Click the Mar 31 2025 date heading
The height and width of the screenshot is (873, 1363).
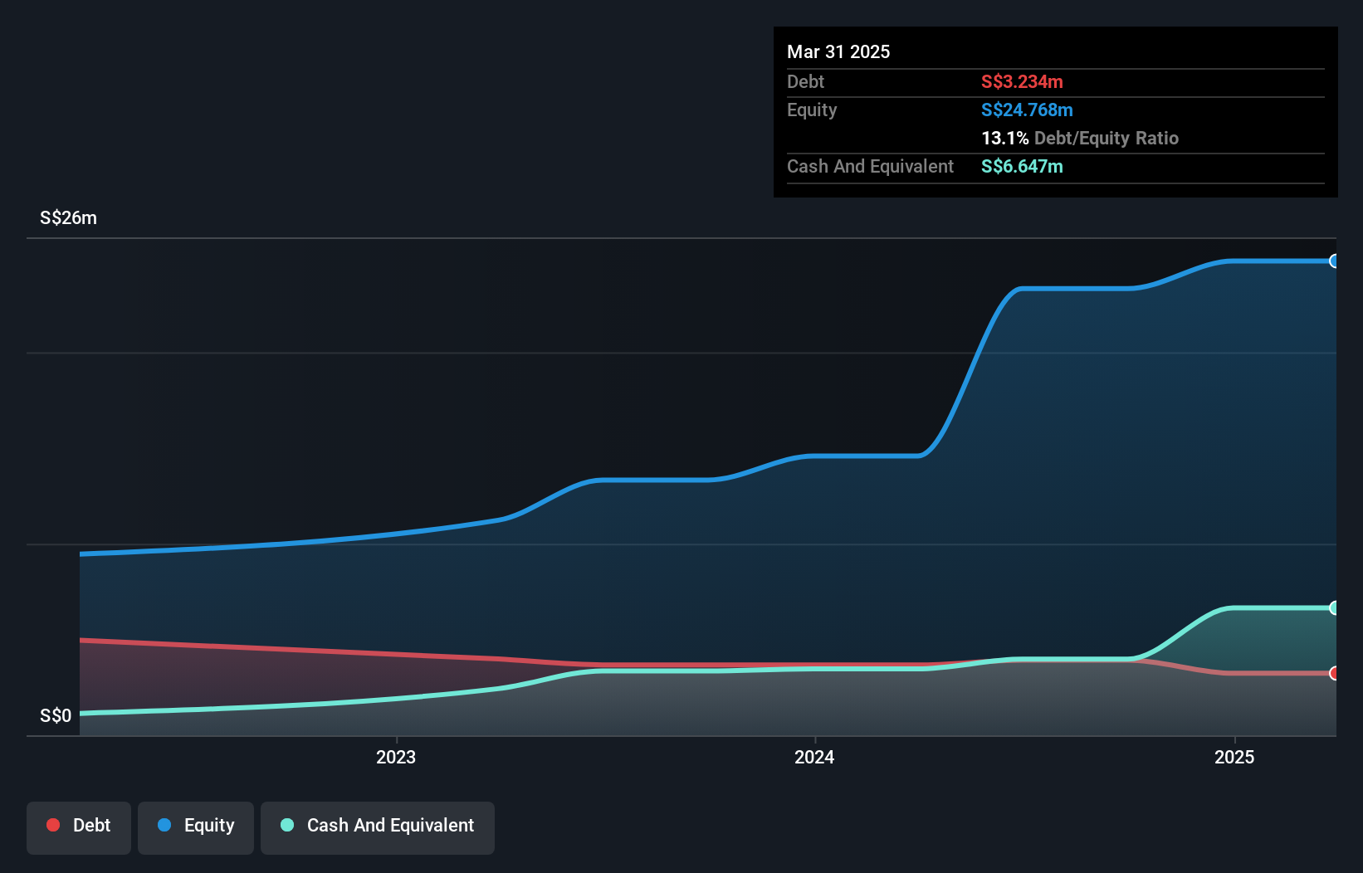tap(838, 51)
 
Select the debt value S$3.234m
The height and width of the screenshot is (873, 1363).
tap(1022, 81)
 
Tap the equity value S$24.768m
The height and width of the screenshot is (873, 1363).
tap(1027, 110)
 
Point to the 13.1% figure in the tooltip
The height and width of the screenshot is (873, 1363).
tap(1004, 138)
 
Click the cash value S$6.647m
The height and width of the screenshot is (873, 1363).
tap(1022, 166)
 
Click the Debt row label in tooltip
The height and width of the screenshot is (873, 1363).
tap(805, 81)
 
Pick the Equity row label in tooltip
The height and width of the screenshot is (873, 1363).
tap(812, 110)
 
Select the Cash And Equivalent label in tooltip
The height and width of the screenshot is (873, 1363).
tap(870, 166)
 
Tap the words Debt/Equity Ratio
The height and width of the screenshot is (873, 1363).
tap(1106, 138)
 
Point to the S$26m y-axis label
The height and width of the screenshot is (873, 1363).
tap(68, 217)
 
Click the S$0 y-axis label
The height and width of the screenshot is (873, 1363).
tap(56, 715)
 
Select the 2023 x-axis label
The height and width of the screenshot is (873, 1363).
tap(396, 757)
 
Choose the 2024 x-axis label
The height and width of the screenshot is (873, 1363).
tap(814, 757)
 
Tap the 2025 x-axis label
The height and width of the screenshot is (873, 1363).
tap(1234, 757)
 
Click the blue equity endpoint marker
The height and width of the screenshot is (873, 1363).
tap(1334, 261)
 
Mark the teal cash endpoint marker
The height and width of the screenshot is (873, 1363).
tap(1334, 608)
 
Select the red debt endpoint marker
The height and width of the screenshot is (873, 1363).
tap(1334, 673)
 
